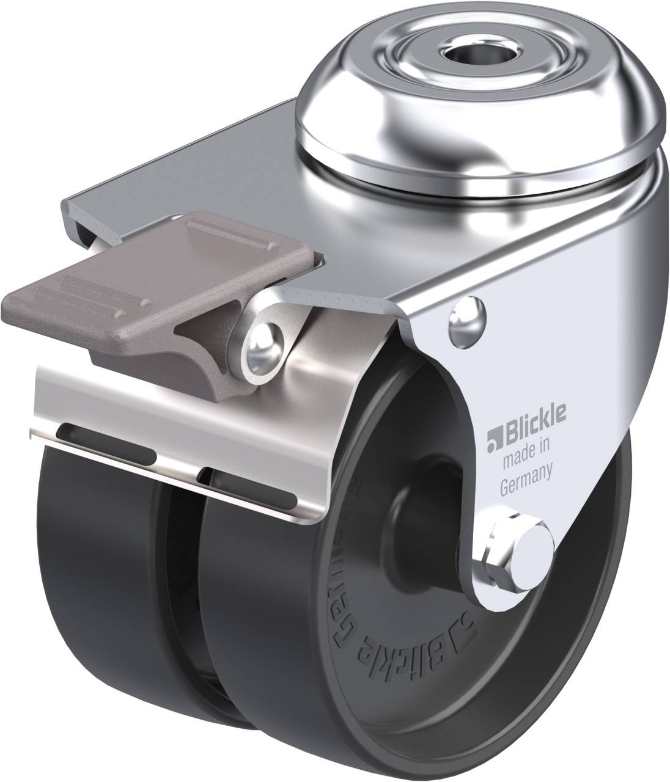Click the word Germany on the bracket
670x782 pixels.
click(x=526, y=472)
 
